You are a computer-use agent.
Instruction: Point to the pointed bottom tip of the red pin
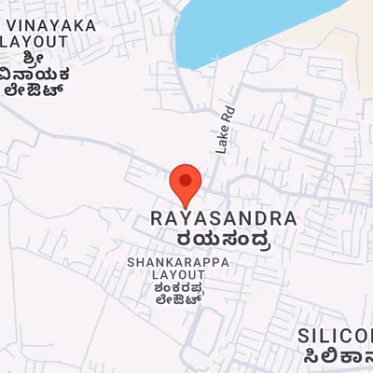(186, 207)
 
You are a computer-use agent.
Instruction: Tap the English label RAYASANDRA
(223, 219)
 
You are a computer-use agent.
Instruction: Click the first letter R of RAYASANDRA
(156, 219)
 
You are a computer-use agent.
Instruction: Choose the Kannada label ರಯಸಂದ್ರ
(223, 242)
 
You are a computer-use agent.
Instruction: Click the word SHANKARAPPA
(178, 263)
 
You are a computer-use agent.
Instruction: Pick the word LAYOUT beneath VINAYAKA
(35, 42)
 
